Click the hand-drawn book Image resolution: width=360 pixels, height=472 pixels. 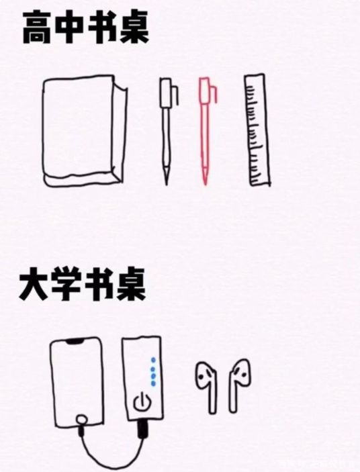pyautogui.click(x=83, y=131)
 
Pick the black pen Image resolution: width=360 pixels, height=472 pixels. pyautogui.click(x=166, y=124)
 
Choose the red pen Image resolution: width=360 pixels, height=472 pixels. pyautogui.click(x=206, y=124)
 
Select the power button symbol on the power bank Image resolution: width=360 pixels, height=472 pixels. pyautogui.click(x=141, y=404)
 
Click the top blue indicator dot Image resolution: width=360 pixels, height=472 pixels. pyautogui.click(x=153, y=359)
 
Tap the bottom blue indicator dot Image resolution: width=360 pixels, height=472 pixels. pyautogui.click(x=153, y=383)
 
